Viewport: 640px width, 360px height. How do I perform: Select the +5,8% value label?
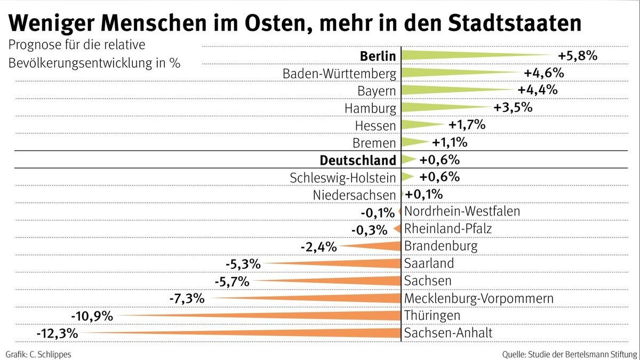pyautogui.click(x=577, y=55)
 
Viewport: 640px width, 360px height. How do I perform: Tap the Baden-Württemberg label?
pyautogui.click(x=339, y=73)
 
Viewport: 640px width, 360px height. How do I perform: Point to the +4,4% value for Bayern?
pyautogui.click(x=538, y=90)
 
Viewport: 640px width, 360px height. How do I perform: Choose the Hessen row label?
pyautogui.click(x=375, y=125)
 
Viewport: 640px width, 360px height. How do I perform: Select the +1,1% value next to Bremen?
pyautogui.click(x=449, y=142)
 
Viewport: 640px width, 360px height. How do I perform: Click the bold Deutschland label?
pyautogui.click(x=357, y=160)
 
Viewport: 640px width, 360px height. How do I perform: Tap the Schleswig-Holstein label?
pyautogui.click(x=343, y=177)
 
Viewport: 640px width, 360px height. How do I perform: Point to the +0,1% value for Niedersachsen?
pyautogui.click(x=424, y=194)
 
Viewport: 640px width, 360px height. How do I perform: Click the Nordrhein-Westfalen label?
pyautogui.click(x=462, y=211)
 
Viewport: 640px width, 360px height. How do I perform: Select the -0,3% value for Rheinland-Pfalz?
pyautogui.click(x=369, y=230)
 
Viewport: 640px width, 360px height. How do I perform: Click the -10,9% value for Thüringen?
pyautogui.click(x=93, y=316)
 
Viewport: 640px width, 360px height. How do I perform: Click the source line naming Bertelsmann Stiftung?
pyautogui.click(x=569, y=354)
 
